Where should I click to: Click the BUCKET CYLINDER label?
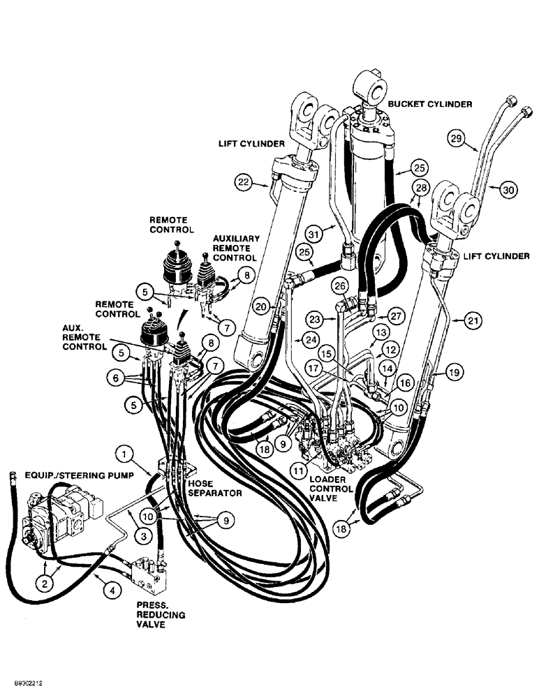coord(431,104)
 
